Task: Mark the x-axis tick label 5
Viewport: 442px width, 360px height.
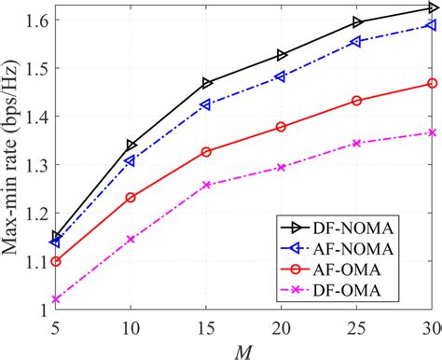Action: click(55, 328)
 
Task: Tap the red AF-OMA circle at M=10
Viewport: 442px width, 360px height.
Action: click(131, 198)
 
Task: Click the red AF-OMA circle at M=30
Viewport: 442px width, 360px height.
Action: click(432, 83)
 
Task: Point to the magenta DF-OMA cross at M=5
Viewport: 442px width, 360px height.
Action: click(55, 299)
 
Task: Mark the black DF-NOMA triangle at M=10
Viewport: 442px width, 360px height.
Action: click(131, 145)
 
